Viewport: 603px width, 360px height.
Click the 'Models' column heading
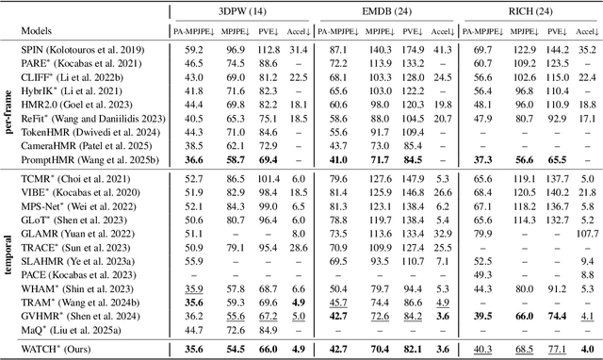coord(42,31)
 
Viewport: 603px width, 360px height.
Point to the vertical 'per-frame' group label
coord(8,106)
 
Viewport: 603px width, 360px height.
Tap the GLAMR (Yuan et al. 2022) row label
coord(81,233)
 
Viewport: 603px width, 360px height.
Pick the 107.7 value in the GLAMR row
coord(586,233)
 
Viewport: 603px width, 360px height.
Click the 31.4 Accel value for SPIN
coord(299,49)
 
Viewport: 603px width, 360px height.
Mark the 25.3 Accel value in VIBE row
coord(299,190)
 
